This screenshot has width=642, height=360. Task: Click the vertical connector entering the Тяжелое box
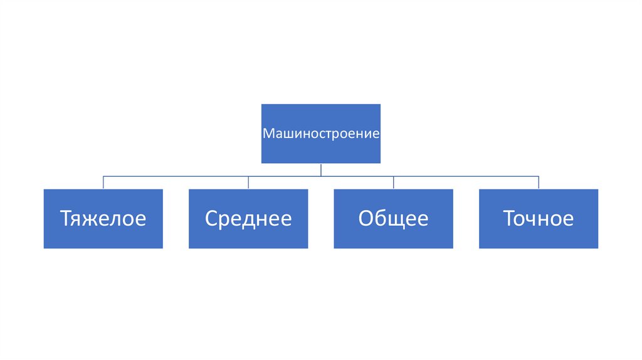tap(103, 183)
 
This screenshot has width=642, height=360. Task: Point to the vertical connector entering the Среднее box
tap(248, 183)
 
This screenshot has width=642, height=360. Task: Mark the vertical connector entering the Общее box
tap(394, 183)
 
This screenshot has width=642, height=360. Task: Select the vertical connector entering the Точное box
tap(539, 183)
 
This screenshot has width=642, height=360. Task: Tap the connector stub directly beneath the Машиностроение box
tap(321, 169)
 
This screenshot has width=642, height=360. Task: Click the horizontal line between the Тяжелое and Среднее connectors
tap(176, 176)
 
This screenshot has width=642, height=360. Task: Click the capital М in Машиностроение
tap(267, 134)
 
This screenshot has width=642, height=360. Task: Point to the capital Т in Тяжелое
tap(65, 218)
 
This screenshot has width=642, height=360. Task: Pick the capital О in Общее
tap(366, 218)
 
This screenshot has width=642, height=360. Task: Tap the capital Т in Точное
tap(509, 218)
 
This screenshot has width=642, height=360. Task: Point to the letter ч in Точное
tap(535, 220)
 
